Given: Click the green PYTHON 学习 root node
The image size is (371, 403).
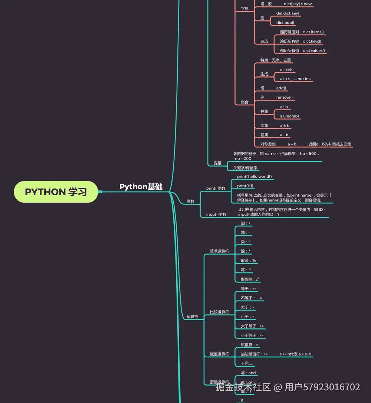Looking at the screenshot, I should click(x=56, y=192).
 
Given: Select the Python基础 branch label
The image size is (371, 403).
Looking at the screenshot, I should click(x=141, y=187).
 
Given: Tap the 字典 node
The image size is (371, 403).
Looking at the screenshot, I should click(x=245, y=9).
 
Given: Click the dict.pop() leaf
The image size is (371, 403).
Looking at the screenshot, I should click(x=285, y=23).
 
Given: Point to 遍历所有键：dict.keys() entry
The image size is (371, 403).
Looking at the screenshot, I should click(x=301, y=42).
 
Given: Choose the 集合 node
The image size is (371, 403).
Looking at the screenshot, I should click(x=245, y=102).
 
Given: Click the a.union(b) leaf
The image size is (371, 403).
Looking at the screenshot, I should click(x=289, y=116).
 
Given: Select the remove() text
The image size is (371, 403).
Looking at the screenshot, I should click(x=285, y=98).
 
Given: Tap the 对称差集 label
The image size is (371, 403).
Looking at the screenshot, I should click(x=268, y=144).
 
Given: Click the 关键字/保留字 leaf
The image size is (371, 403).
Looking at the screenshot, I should click(x=245, y=168).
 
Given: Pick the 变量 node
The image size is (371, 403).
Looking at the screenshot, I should click(x=217, y=163).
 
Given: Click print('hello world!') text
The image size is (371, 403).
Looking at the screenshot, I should click(x=255, y=177).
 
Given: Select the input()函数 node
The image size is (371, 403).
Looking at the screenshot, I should click(x=216, y=214).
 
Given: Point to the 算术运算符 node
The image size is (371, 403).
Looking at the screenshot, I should click(x=219, y=251).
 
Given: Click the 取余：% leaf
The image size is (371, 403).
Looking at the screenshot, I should click(x=248, y=261).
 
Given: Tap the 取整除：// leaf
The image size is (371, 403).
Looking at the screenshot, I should click(x=250, y=279).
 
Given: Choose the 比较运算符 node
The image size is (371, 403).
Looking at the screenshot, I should click(x=219, y=312).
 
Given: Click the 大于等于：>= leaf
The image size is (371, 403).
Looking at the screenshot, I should click(x=252, y=326).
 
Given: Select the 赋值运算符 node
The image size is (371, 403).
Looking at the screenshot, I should click(x=219, y=354).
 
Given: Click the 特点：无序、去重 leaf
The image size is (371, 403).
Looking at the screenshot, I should click(x=275, y=60).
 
